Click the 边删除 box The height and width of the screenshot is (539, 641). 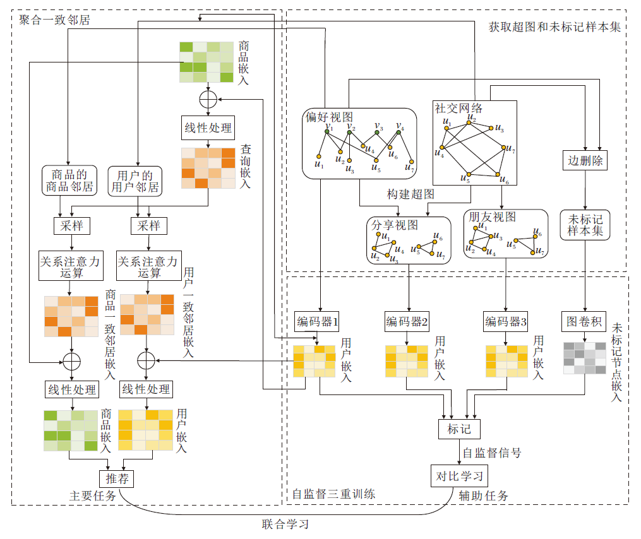(x=584, y=160)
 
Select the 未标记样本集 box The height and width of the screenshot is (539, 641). (x=585, y=225)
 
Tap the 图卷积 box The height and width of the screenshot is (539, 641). (x=584, y=322)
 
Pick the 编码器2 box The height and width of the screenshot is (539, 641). (x=407, y=322)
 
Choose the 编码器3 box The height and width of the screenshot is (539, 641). (x=506, y=322)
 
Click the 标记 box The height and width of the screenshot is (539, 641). (x=459, y=429)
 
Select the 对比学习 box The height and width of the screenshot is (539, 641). (x=459, y=475)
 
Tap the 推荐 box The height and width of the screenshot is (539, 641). (x=117, y=479)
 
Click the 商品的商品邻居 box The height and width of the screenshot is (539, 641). (x=68, y=181)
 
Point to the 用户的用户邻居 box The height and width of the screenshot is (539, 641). (x=135, y=181)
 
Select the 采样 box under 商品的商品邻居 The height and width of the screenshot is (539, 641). (x=72, y=225)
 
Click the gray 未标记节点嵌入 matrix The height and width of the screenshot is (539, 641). (x=584, y=358)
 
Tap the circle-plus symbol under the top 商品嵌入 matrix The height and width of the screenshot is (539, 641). (x=208, y=99)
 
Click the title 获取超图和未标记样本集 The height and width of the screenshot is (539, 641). (x=554, y=27)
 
